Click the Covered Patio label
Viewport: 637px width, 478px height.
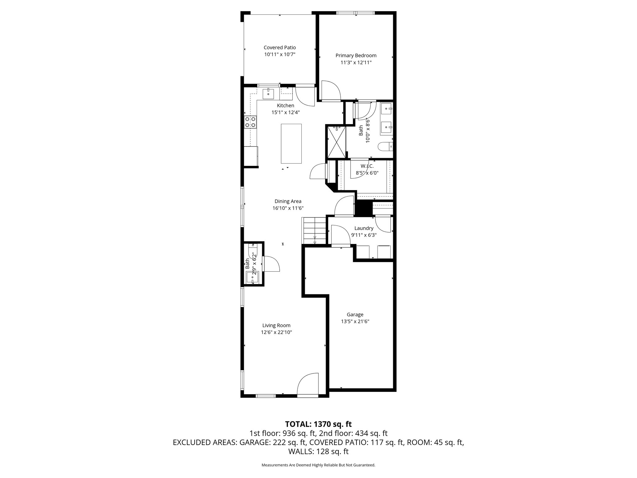[280, 48]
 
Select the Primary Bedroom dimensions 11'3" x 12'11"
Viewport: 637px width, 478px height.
[356, 63]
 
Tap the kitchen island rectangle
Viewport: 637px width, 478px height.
[291, 143]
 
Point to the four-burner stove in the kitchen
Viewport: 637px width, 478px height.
[250, 122]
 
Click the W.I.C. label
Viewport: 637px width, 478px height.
[367, 166]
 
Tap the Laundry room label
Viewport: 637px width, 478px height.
[364, 228]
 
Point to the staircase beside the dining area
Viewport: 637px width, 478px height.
[314, 231]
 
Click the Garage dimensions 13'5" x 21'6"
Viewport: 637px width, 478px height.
[355, 321]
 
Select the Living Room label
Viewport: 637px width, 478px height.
[276, 326]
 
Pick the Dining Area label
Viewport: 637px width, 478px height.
[288, 201]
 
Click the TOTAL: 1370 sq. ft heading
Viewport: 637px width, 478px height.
[318, 424]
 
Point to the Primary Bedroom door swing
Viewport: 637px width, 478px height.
[331, 90]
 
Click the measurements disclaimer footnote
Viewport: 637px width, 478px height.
[318, 465]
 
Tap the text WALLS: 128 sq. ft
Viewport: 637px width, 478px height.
[318, 452]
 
